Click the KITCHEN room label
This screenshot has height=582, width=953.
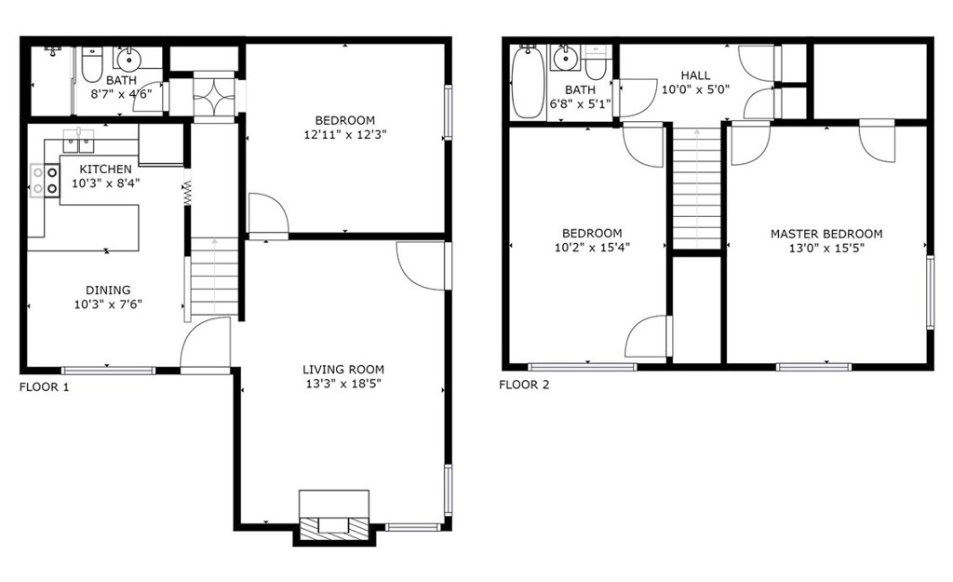(105, 169)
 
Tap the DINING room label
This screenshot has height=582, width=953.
(108, 291)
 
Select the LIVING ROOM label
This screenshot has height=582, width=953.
(343, 369)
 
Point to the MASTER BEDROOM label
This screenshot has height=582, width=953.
(826, 234)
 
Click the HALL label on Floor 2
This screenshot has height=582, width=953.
(695, 75)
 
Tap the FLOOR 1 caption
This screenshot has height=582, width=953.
(45, 386)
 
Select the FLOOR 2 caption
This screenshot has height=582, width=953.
(524, 385)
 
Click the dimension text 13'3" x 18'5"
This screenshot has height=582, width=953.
(343, 383)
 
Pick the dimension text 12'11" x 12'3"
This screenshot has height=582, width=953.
(344, 134)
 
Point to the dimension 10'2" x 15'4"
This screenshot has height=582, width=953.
(592, 247)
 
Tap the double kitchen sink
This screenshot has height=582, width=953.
(78, 141)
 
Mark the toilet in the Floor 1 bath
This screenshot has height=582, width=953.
(92, 64)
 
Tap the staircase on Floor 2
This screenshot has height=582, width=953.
(697, 187)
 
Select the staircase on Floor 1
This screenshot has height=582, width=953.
(215, 277)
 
